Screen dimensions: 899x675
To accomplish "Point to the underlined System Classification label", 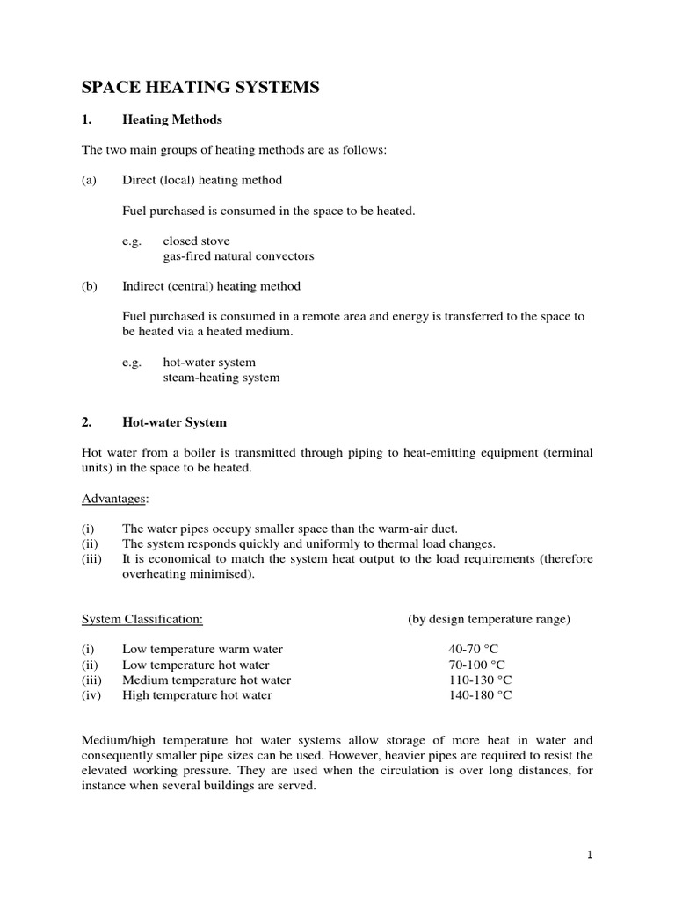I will [x=142, y=619].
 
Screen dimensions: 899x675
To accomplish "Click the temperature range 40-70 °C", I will [x=474, y=650].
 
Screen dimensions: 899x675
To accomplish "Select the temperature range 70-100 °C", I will [x=477, y=665].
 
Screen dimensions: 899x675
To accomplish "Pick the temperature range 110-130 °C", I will [x=480, y=680].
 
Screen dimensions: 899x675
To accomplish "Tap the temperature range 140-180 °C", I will [x=480, y=695].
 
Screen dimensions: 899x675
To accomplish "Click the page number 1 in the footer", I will [x=591, y=854].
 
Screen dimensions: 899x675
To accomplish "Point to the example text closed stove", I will [x=196, y=241].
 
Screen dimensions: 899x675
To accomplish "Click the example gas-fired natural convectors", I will [x=238, y=256].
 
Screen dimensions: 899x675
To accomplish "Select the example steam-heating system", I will [x=221, y=378].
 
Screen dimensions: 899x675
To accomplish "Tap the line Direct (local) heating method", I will [x=202, y=180].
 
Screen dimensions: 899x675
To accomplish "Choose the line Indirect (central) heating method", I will [x=211, y=286].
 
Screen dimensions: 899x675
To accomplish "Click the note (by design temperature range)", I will [x=489, y=619].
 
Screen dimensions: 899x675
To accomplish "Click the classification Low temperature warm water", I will [x=203, y=650].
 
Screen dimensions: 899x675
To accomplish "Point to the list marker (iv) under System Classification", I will [x=91, y=695].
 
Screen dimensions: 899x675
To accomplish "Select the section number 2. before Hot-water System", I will [x=87, y=422].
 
